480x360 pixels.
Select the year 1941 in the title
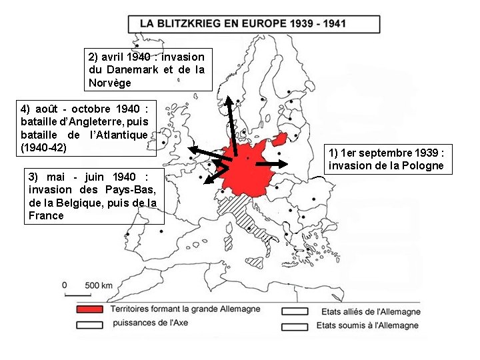(331, 23)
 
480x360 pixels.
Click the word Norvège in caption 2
(110, 83)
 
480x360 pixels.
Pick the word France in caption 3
(47, 215)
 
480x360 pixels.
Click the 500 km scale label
(98, 285)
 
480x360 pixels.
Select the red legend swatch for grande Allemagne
(90, 310)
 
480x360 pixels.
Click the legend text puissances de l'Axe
(149, 323)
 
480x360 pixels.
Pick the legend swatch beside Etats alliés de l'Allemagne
(295, 311)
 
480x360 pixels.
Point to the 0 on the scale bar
(64, 285)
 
